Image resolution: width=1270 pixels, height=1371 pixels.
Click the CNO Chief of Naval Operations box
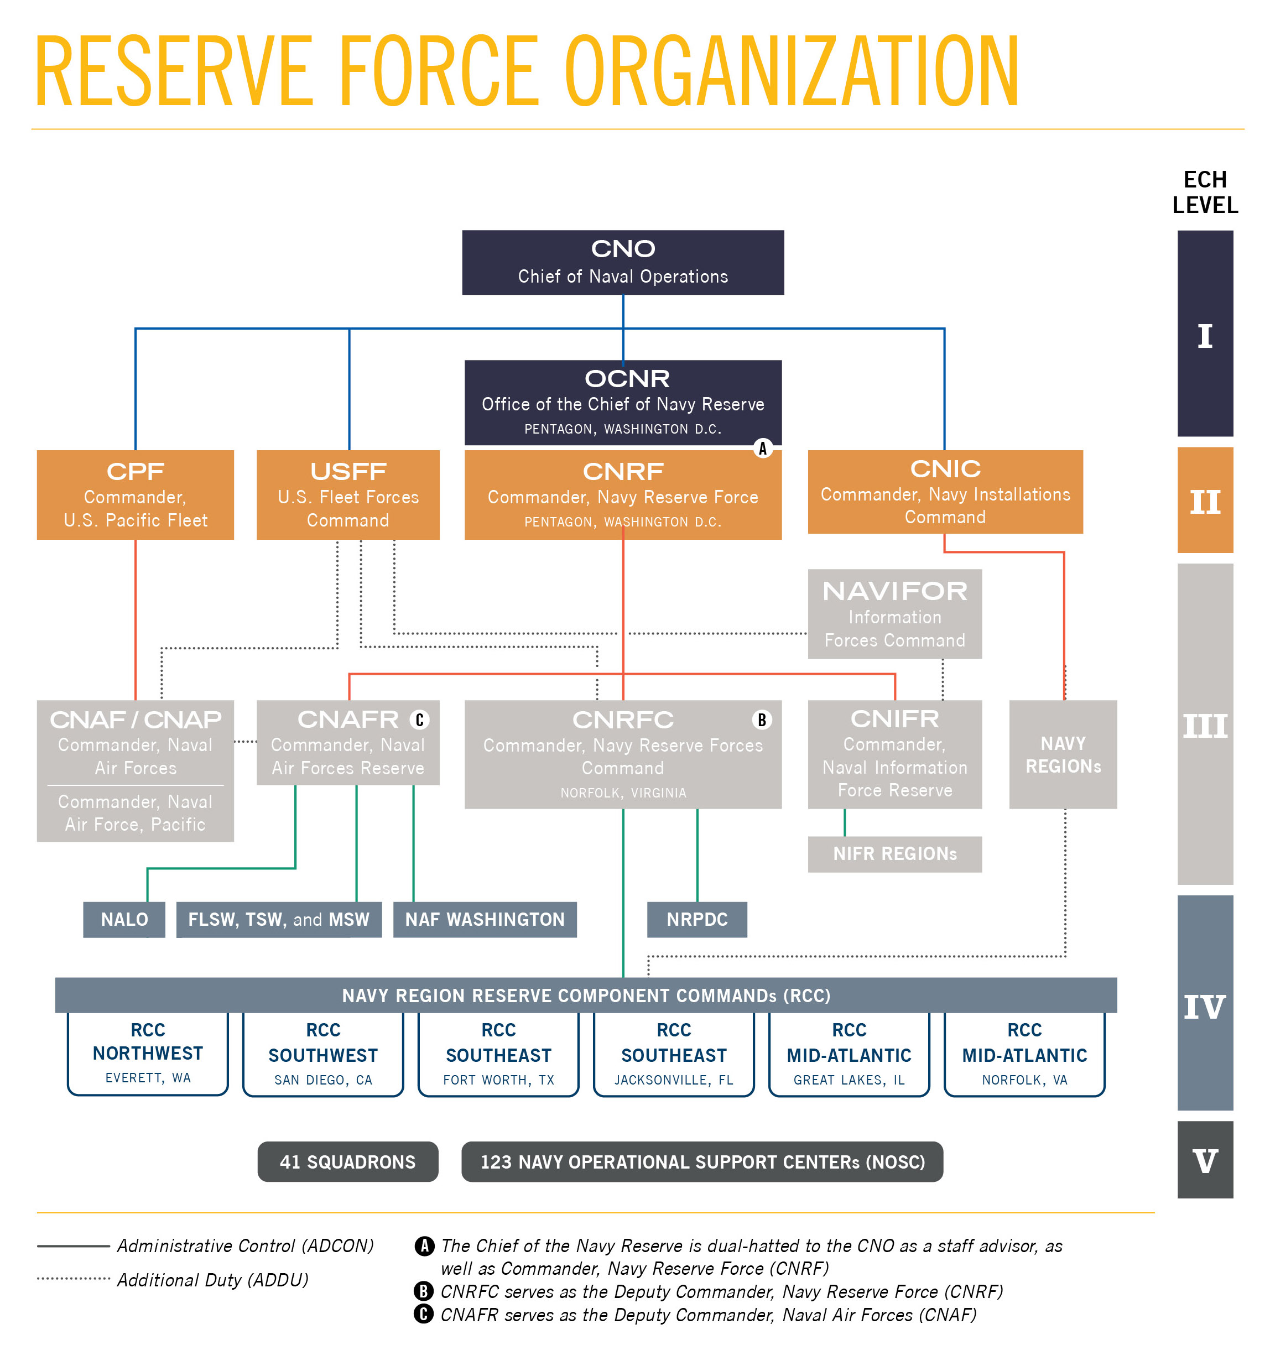point(623,263)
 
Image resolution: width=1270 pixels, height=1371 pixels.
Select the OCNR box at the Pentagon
point(623,403)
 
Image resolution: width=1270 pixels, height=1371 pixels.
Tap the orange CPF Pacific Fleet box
point(136,495)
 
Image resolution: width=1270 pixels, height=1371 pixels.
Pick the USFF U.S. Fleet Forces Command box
point(348,495)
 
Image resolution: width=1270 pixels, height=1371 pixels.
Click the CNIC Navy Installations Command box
point(945,492)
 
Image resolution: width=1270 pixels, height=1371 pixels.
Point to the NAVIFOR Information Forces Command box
point(895,614)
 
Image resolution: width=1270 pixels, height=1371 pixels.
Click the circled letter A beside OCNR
point(762,449)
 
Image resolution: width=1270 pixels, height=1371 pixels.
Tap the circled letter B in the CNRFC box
point(762,720)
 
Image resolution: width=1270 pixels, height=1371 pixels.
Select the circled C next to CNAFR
point(419,720)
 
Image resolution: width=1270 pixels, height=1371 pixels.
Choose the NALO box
point(124,920)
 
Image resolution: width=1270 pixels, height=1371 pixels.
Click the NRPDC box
point(697,920)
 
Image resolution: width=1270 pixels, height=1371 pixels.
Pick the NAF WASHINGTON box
point(485,920)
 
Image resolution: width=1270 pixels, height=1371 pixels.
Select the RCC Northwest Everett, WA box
point(148,1054)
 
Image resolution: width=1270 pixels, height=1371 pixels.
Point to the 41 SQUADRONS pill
point(348,1162)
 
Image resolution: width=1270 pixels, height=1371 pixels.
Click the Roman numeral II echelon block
point(1205,501)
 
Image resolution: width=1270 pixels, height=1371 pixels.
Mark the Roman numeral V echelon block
point(1205,1161)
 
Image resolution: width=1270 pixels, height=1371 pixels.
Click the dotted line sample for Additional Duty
point(74,1279)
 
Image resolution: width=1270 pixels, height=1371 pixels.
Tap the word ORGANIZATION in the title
point(790,72)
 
